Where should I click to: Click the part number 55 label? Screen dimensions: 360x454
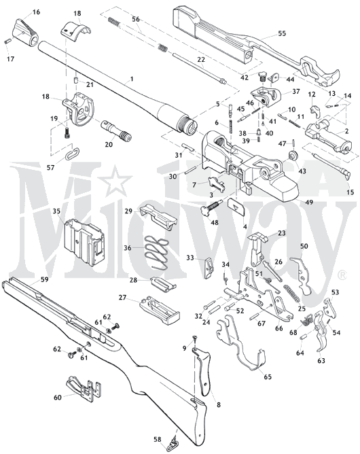coord(282,33)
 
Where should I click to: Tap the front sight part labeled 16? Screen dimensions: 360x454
coord(26,33)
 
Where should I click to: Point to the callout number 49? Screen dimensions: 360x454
coord(309,202)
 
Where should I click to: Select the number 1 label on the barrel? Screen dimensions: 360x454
coord(132,79)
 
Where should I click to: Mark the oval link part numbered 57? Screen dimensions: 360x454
coord(73,154)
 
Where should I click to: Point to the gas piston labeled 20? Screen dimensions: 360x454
coord(115,130)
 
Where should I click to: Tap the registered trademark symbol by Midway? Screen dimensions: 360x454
coord(342,275)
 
